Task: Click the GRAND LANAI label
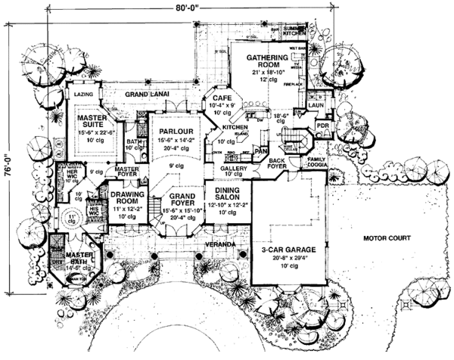[147, 95]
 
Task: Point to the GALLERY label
[235, 169]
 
